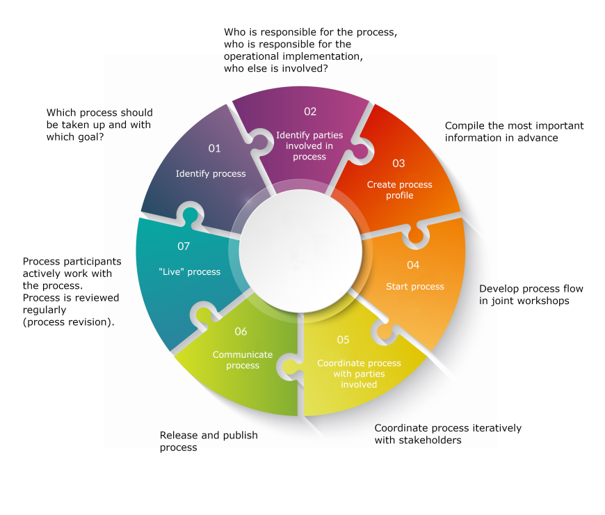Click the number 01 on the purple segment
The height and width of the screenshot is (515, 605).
pyautogui.click(x=214, y=148)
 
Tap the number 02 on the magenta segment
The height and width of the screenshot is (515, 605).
pyautogui.click(x=310, y=111)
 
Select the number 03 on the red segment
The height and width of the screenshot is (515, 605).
pyautogui.click(x=398, y=164)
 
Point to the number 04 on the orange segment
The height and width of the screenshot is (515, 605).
pyautogui.click(x=413, y=265)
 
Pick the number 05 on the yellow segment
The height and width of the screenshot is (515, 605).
pyautogui.click(x=343, y=340)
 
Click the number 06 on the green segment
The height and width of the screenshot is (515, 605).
pyautogui.click(x=241, y=332)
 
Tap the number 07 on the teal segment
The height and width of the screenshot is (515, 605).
pyautogui.click(x=184, y=246)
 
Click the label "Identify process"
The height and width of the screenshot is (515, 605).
pyautogui.click(x=211, y=173)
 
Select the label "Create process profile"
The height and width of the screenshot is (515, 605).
pyautogui.click(x=400, y=190)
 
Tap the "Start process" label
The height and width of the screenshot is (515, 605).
pyautogui.click(x=415, y=287)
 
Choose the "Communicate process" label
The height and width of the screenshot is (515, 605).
pyautogui.click(x=243, y=360)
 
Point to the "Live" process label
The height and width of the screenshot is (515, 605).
pyautogui.click(x=189, y=272)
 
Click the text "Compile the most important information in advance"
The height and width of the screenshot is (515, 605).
pyautogui.click(x=514, y=132)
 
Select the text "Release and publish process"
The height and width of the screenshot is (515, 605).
pyautogui.click(x=209, y=441)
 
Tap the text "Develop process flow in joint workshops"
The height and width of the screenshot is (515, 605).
pyautogui.click(x=531, y=294)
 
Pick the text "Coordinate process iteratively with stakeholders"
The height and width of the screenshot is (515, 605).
pyautogui.click(x=448, y=434)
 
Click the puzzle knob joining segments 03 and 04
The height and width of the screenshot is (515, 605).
pyautogui.click(x=415, y=235)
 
